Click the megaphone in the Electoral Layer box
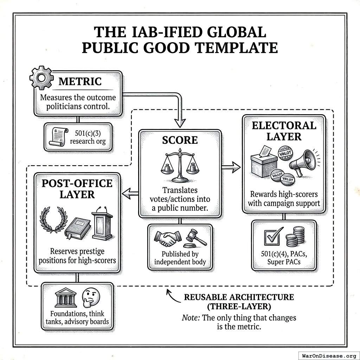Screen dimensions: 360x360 pos(303,162)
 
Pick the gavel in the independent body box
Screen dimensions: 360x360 pos(195,238)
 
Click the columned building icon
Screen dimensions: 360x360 pos(66,298)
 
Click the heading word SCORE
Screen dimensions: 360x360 pos(180,140)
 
